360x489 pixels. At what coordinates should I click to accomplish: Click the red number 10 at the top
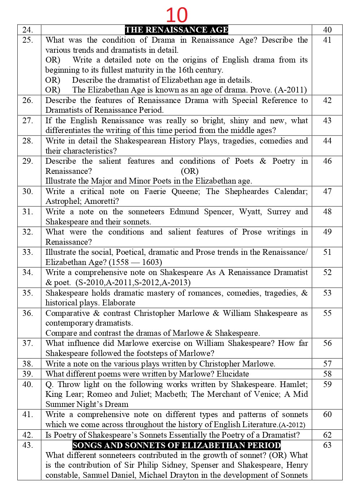[x=177, y=15]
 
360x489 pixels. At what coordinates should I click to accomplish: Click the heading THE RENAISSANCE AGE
[x=177, y=30]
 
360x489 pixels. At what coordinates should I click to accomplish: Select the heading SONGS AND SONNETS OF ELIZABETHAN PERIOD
[x=177, y=445]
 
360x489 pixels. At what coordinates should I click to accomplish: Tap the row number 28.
[x=28, y=141]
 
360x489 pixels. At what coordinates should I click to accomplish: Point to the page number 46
[x=327, y=161]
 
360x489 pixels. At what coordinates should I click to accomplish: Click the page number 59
[x=327, y=384]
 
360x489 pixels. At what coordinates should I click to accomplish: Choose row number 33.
[x=28, y=252]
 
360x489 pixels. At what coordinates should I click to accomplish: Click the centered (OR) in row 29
[x=190, y=171]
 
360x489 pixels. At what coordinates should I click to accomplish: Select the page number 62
[x=327, y=435]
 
